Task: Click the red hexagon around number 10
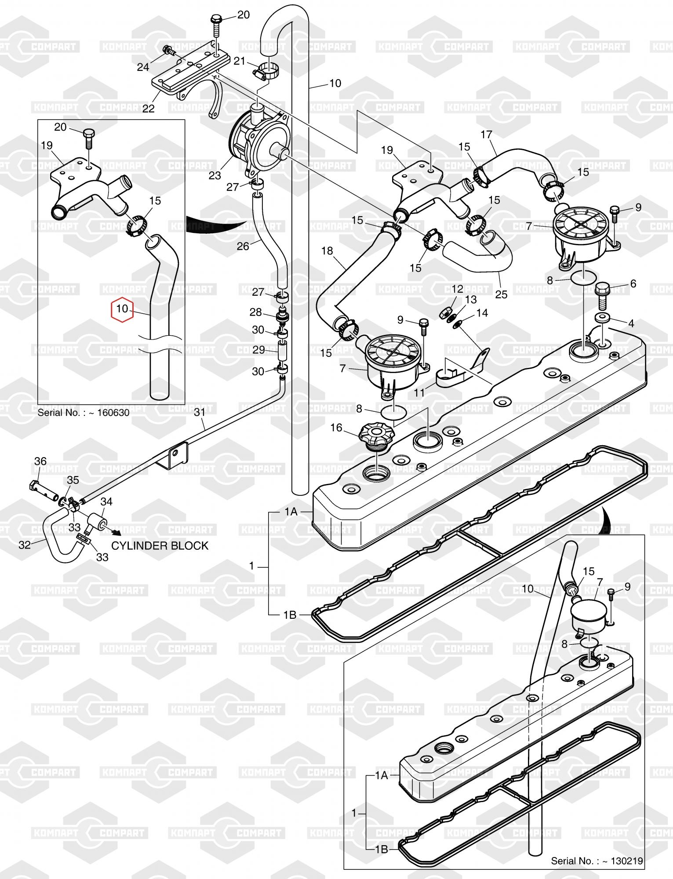[x=122, y=309]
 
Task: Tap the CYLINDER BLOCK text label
[x=160, y=545]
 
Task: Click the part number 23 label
[x=215, y=175]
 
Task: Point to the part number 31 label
[x=200, y=413]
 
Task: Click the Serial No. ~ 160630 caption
[x=84, y=413]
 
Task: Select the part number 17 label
[x=486, y=134]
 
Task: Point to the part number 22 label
[x=149, y=108]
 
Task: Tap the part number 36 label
[x=40, y=461]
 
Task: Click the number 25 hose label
[x=501, y=294]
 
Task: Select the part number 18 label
[x=327, y=251]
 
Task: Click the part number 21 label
[x=239, y=61]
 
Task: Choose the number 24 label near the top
[x=143, y=67]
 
